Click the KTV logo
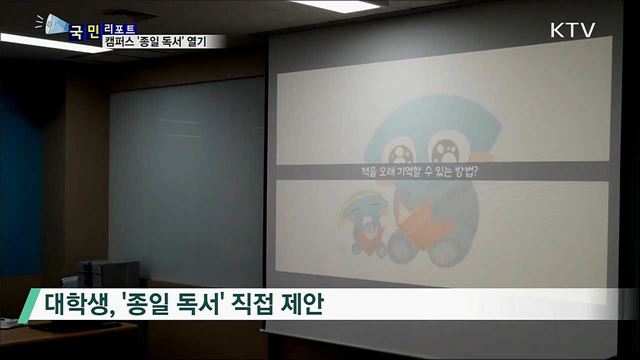pos(572,29)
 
